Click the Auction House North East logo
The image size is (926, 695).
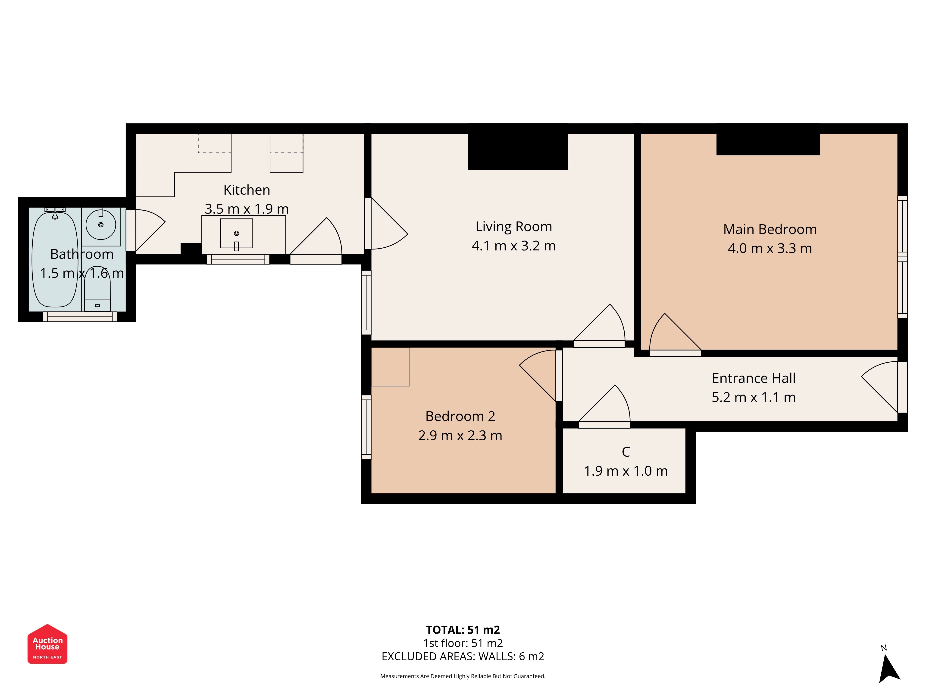pyautogui.click(x=47, y=644)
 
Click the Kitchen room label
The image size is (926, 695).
pyautogui.click(x=247, y=190)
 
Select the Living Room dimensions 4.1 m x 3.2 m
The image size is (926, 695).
pyautogui.click(x=514, y=246)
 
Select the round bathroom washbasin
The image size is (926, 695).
pyautogui.click(x=101, y=224)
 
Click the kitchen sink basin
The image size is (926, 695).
pyautogui.click(x=237, y=233)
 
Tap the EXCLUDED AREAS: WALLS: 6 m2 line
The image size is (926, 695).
pyautogui.click(x=463, y=657)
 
